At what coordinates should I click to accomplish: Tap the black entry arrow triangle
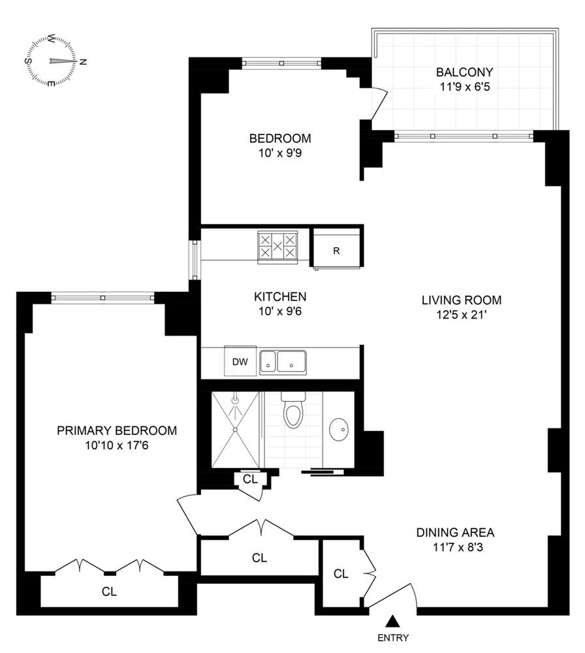point(392,621)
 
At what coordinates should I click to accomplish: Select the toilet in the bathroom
point(293,411)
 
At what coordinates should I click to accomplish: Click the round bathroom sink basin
point(338,430)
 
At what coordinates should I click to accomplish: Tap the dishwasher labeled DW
point(240,361)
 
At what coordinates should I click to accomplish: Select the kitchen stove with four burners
point(277,247)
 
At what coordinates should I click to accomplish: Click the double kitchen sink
point(284,361)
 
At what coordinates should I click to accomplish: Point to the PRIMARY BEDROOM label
point(117,430)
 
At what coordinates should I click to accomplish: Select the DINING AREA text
point(455,532)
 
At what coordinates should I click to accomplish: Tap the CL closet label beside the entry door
point(341,573)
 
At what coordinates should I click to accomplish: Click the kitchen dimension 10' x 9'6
point(280,311)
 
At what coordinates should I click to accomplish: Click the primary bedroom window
point(103,298)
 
